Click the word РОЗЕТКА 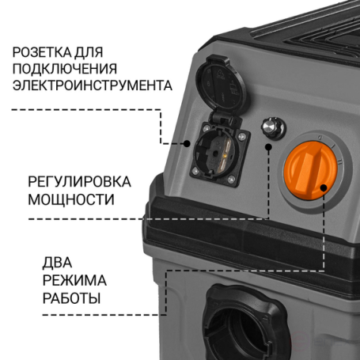tap(42, 52)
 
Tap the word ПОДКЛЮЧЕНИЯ tap(65, 69)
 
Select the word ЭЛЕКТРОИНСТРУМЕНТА tap(93, 85)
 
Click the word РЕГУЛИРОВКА tap(79, 182)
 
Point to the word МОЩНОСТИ tap(71, 199)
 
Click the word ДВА tap(57, 263)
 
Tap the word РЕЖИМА tap(74, 280)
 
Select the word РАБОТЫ tap(71, 298)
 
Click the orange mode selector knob tap(311, 170)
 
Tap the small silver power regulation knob tap(273, 127)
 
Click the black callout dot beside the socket tap(187, 143)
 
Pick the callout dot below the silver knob tap(268, 146)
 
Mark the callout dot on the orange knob tap(324, 188)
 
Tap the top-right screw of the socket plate tap(241, 136)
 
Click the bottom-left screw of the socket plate tap(195, 172)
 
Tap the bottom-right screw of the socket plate tap(231, 180)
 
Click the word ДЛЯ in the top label tap(89, 52)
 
